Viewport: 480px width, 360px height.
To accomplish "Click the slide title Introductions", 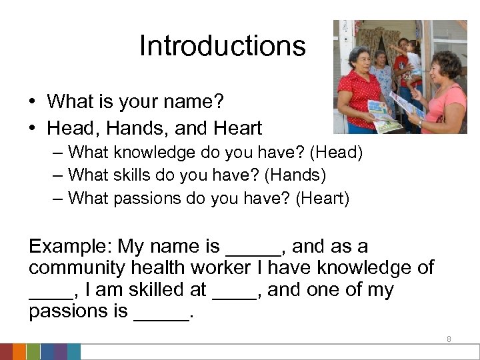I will pyautogui.click(x=222, y=46).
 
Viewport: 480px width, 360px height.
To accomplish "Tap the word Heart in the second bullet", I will pyautogui.click(x=238, y=128).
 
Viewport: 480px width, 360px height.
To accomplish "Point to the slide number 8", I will pyautogui.click(x=449, y=339).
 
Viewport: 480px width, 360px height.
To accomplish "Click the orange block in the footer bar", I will pyautogui.click(x=19, y=352).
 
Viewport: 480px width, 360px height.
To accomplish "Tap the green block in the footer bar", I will pyautogui.click(x=33, y=352).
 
